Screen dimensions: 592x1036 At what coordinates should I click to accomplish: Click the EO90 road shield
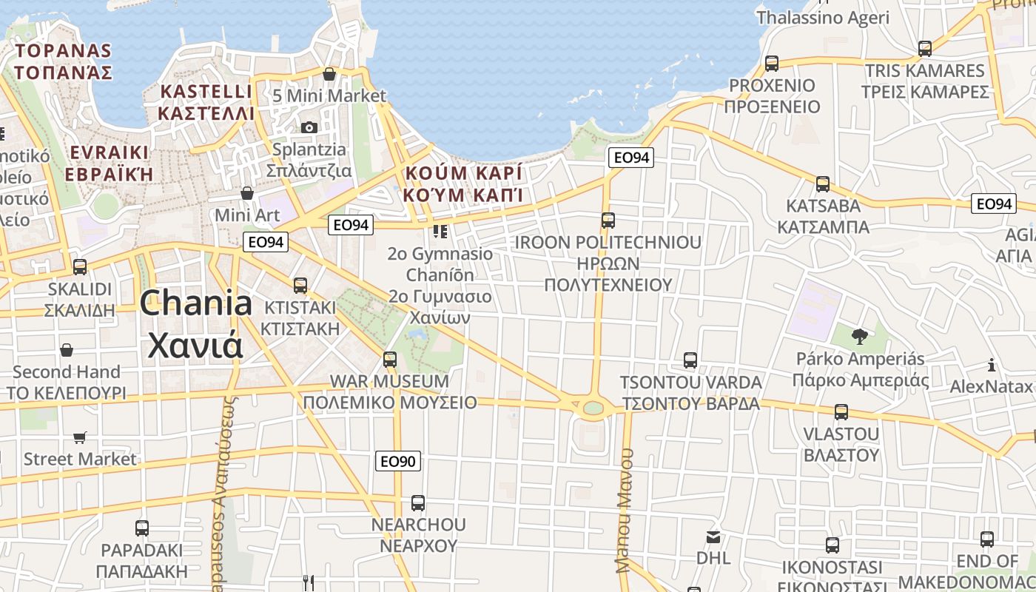pos(398,461)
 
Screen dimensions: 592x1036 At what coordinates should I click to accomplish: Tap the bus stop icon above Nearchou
pos(418,503)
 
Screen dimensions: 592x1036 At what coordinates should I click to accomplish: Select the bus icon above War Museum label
pos(390,360)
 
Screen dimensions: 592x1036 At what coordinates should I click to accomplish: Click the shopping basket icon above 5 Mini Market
pos(329,74)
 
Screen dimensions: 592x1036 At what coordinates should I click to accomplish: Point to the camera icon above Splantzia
pos(309,127)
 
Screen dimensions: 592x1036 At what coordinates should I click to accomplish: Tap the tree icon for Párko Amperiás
pos(859,337)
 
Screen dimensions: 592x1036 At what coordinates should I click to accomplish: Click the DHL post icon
pos(713,537)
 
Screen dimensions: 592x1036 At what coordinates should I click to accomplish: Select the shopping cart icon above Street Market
pos(80,437)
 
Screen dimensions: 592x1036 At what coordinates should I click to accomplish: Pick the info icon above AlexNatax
pos(992,365)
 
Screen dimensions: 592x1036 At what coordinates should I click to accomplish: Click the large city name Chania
pos(195,303)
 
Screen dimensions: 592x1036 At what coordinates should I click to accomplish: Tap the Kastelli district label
pos(206,102)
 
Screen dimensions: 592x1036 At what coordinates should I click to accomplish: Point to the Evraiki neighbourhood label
pos(109,164)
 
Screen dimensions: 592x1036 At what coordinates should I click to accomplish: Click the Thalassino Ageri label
pos(822,17)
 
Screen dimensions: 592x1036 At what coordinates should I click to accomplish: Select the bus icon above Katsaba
pos(822,184)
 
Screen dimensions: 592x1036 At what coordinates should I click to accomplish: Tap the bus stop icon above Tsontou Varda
pos(690,360)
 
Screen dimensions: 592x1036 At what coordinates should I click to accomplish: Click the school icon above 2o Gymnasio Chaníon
pos(440,232)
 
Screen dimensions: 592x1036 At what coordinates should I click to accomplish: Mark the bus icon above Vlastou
pos(841,412)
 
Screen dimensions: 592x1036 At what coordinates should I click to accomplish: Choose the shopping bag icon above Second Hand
pos(67,349)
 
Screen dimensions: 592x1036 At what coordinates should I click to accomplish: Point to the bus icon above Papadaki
pos(141,528)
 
